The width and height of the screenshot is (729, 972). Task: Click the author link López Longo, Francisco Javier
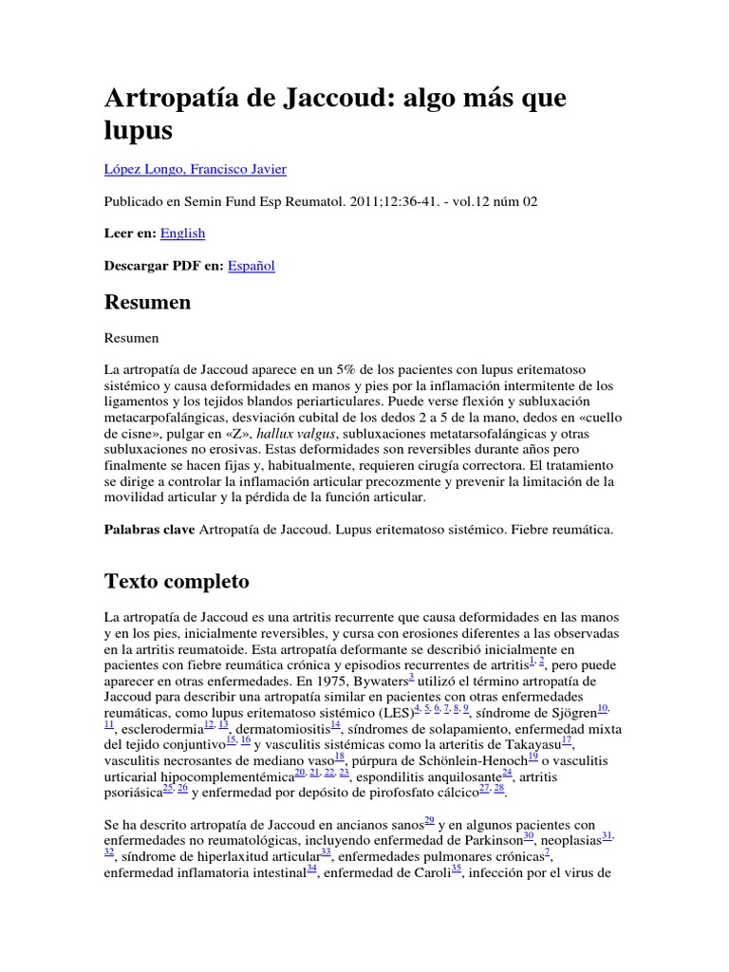195,170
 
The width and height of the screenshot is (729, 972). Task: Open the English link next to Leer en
182,234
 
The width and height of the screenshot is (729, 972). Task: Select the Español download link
252,266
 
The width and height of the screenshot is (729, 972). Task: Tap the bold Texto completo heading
177,581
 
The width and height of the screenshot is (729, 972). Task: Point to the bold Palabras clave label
150,531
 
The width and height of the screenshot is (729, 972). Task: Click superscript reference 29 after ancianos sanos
429,820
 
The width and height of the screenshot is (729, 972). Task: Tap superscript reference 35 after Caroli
456,869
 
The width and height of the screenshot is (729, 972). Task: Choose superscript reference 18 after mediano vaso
340,757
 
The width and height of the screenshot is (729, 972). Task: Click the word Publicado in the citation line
132,201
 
